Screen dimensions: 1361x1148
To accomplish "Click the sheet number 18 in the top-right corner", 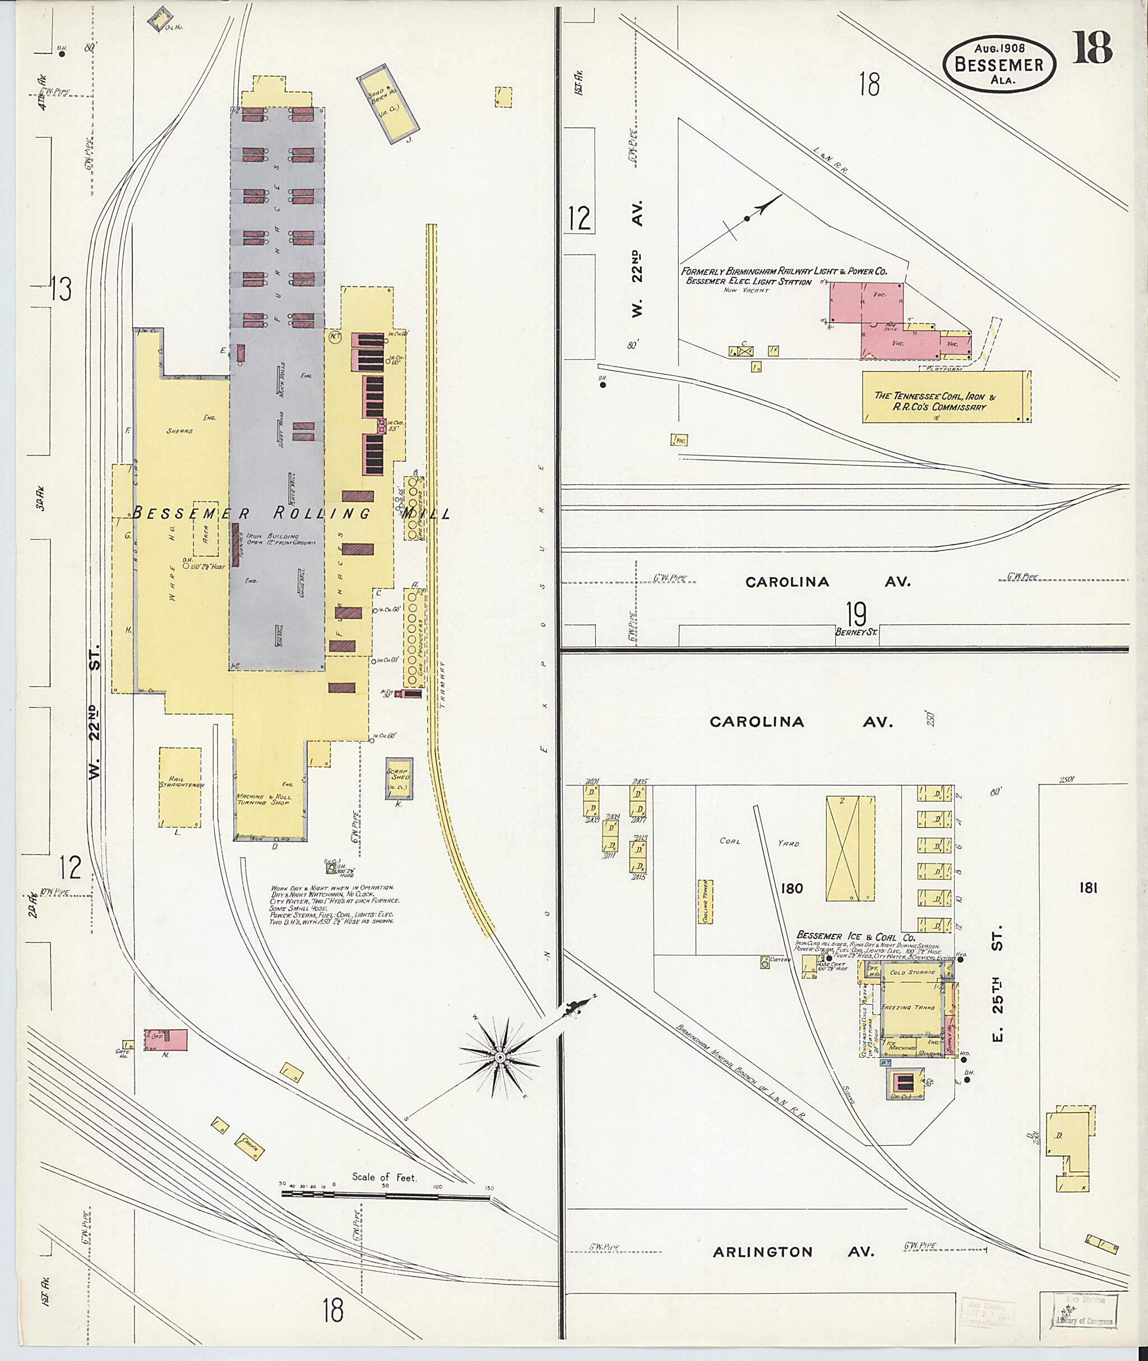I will (1093, 48).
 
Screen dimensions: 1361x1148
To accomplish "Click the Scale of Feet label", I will (384, 1176).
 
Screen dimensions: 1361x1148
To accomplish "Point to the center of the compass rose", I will (500, 1058).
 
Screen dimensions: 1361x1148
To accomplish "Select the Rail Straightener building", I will (180, 787).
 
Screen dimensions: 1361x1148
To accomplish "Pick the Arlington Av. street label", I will (793, 1270).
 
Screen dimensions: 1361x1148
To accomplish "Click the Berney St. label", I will (857, 631).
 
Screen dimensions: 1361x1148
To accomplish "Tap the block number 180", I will (791, 888).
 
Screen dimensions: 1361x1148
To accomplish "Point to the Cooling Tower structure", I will (705, 902).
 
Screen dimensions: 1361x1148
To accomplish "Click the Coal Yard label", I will (759, 842).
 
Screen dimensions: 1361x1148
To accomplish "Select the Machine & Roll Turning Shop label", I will (263, 800).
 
